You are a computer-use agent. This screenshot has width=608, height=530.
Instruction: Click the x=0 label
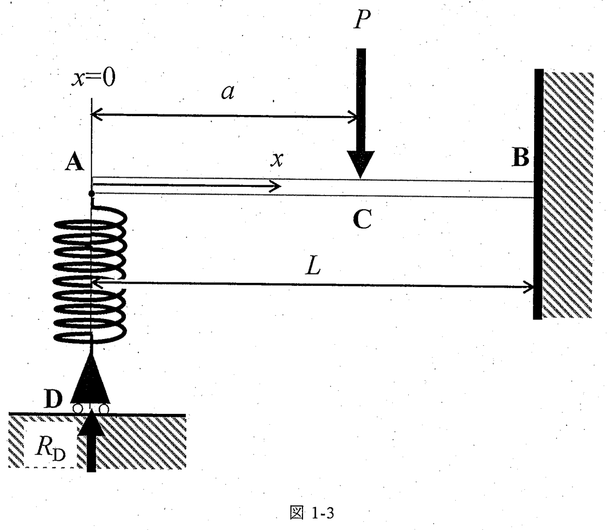[x=93, y=77]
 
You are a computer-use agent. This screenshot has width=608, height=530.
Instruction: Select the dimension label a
[x=228, y=92]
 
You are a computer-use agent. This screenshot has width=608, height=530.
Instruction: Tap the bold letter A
[x=74, y=162]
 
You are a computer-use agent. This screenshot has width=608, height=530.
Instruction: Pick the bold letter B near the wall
[x=520, y=157]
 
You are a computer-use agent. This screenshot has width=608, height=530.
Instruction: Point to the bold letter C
[x=362, y=219]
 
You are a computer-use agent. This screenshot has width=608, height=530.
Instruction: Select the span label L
[x=313, y=266]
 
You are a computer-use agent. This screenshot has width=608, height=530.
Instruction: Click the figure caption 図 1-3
[x=311, y=513]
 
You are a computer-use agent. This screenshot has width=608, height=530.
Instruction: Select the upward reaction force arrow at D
[x=91, y=441]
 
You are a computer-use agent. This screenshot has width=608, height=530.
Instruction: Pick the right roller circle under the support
[x=104, y=409]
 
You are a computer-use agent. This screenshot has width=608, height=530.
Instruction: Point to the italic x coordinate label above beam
[x=277, y=159]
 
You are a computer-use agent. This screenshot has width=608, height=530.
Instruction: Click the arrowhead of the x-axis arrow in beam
[x=275, y=186]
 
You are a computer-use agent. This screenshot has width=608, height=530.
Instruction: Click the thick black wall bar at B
[x=538, y=194]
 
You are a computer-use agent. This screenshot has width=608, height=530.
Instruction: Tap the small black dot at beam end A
[x=91, y=193]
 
